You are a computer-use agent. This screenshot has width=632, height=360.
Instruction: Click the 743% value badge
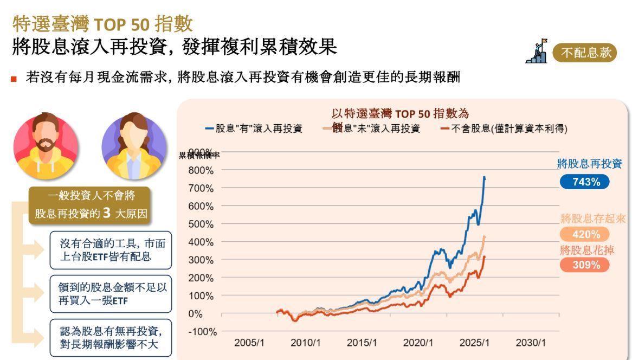point(584,182)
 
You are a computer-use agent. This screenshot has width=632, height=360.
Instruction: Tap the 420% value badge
point(584,235)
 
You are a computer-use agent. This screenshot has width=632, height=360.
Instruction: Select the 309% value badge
point(584,265)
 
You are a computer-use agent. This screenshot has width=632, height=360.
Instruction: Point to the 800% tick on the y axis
point(201,170)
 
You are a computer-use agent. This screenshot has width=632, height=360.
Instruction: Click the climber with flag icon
point(537,52)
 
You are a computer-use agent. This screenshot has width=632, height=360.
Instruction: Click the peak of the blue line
point(484,177)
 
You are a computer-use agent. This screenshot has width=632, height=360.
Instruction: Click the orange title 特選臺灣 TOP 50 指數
point(102,23)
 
